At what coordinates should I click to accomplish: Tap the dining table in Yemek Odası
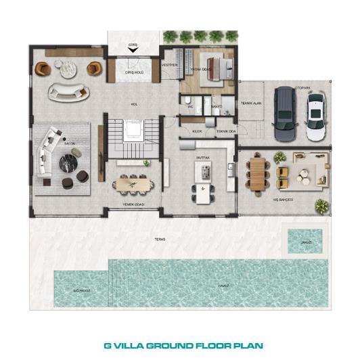pyautogui.click(x=133, y=182)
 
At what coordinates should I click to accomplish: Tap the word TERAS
pyautogui.click(x=160, y=239)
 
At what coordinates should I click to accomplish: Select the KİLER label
pyautogui.click(x=198, y=131)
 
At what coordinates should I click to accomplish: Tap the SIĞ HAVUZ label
pyautogui.click(x=82, y=289)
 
